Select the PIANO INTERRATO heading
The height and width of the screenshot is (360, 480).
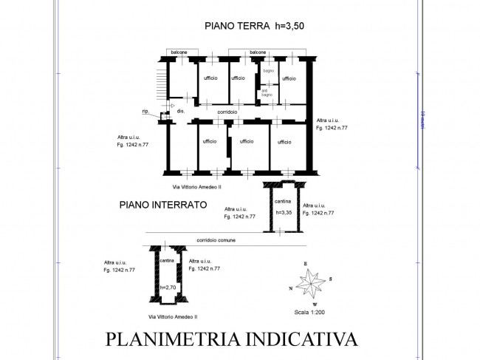tap(162, 206)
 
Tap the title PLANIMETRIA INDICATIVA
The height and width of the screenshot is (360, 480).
tap(231, 339)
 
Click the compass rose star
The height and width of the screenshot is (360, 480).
tap(315, 282)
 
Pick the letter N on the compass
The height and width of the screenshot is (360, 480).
tap(292, 288)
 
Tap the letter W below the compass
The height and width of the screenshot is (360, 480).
tap(315, 304)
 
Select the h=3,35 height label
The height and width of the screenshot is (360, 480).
tap(284, 213)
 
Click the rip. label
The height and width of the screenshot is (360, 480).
tap(145, 112)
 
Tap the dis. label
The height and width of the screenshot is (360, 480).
tap(180, 111)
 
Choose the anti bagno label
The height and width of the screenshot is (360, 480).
tap(266, 94)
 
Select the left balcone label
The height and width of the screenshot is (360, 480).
tap(179, 52)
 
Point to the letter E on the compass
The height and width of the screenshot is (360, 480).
tap(304, 263)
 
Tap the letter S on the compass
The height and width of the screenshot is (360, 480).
tap(332, 279)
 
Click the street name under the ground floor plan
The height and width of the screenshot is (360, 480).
tap(197, 188)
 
